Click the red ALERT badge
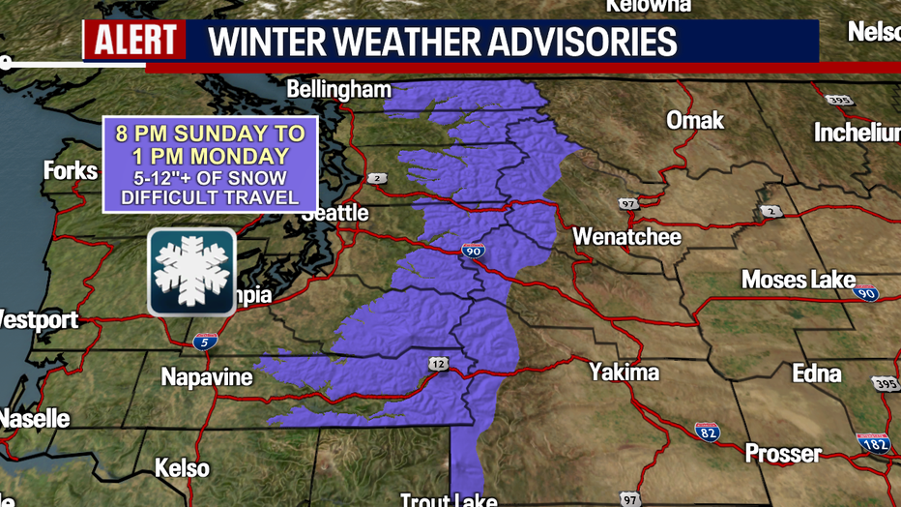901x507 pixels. pyautogui.click(x=134, y=41)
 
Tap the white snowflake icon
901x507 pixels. pyautogui.click(x=191, y=272)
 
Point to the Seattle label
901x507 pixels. pyautogui.click(x=334, y=212)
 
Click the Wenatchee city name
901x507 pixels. pyautogui.click(x=626, y=237)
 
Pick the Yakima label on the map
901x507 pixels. pyautogui.click(x=625, y=373)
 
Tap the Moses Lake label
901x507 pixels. pyautogui.click(x=798, y=281)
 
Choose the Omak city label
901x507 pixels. pyautogui.click(x=694, y=121)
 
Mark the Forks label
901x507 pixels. pyautogui.click(x=71, y=171)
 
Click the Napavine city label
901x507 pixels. pyautogui.click(x=207, y=377)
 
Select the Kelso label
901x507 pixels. pyautogui.click(x=182, y=468)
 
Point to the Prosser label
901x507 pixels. pyautogui.click(x=783, y=453)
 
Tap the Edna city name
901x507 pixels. pyautogui.click(x=816, y=373)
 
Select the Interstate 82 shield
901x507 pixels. pyautogui.click(x=707, y=432)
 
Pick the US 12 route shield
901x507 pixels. pyautogui.click(x=438, y=362)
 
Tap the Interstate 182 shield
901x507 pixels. pyautogui.click(x=873, y=443)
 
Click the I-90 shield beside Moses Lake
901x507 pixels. pyautogui.click(x=866, y=293)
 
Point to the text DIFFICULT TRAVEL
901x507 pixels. pyautogui.click(x=210, y=198)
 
